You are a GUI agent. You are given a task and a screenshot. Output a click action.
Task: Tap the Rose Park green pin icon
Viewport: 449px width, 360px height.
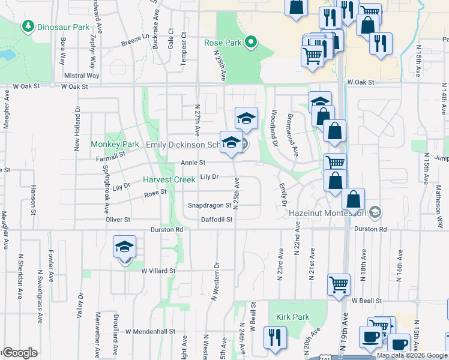[251, 43]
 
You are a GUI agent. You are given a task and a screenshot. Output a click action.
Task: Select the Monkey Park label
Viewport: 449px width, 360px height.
[115, 145]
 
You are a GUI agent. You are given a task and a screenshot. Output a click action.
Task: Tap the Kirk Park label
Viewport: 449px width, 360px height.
[292, 317]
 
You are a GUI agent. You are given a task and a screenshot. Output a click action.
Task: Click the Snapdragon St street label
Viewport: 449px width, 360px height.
[209, 205]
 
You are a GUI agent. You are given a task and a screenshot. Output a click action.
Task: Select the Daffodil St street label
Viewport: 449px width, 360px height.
[216, 220]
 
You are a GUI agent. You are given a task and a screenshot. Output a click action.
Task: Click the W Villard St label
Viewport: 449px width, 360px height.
[158, 271]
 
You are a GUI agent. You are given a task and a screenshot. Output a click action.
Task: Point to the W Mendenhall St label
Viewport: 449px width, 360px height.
[150, 331]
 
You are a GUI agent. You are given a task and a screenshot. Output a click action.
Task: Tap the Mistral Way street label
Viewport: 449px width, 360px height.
[82, 76]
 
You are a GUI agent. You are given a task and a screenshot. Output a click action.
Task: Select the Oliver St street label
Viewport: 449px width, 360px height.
[118, 220]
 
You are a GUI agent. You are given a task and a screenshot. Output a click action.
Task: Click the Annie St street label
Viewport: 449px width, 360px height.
[193, 163]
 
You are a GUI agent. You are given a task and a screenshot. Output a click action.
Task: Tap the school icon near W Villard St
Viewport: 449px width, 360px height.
[124, 247]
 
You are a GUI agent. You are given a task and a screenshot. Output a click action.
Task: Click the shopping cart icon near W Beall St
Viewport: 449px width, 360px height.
[339, 284]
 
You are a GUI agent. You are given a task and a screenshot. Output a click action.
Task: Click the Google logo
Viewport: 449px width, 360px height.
[19, 353]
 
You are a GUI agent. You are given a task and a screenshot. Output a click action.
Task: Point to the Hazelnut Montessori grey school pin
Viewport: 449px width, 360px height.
[375, 212]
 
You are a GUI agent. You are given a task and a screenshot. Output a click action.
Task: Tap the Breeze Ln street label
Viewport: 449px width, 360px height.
[135, 43]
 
